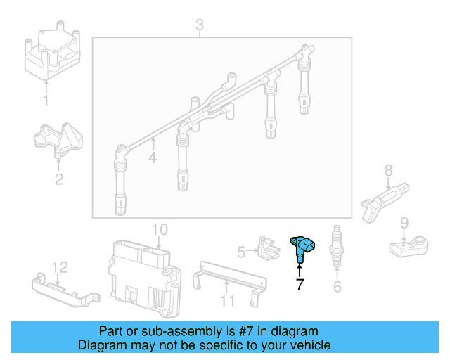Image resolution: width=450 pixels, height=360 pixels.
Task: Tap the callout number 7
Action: pyautogui.click(x=300, y=285)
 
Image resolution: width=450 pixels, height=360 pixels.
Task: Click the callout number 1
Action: pyautogui.click(x=46, y=101)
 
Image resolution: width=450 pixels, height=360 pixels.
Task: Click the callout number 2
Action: pyautogui.click(x=59, y=179)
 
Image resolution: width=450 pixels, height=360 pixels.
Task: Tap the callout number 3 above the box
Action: pyautogui.click(x=200, y=26)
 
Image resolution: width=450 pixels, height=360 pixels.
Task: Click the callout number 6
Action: pyautogui.click(x=337, y=285)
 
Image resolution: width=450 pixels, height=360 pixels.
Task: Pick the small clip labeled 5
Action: pyautogui.click(x=265, y=247)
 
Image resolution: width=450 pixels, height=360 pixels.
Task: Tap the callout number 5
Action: pyautogui.click(x=241, y=251)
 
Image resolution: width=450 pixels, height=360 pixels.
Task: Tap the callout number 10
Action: pyautogui.click(x=160, y=229)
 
